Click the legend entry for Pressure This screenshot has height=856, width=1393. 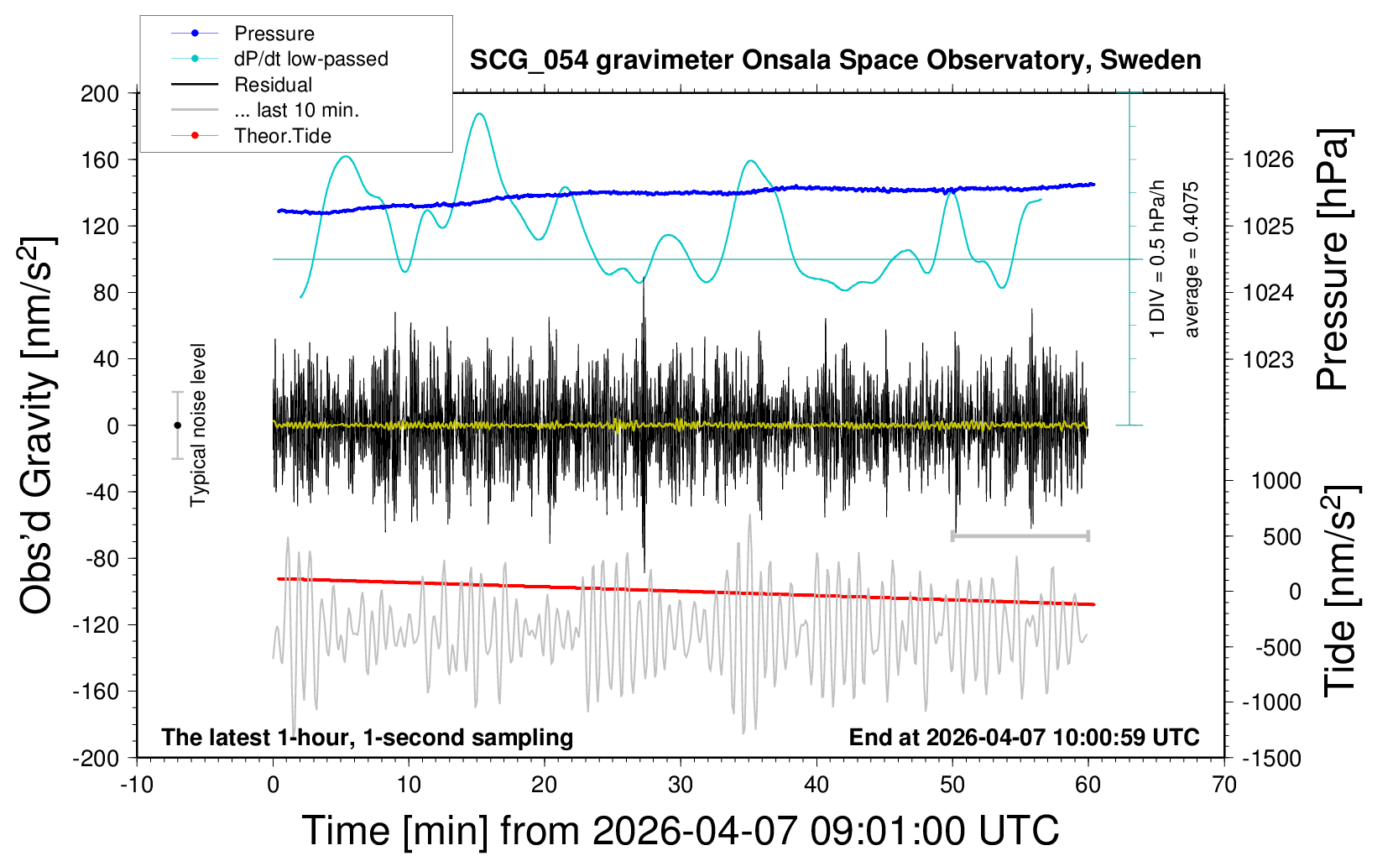[274, 34]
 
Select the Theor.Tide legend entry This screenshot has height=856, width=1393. [282, 136]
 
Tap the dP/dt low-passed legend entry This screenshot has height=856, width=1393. [310, 59]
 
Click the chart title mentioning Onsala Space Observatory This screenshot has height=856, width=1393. [835, 60]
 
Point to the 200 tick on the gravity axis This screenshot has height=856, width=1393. [100, 93]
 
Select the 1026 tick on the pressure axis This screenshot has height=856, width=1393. [1268, 159]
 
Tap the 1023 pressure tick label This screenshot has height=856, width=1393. [1268, 360]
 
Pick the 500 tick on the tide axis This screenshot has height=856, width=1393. [1281, 537]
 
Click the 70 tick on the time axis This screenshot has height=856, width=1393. [1224, 786]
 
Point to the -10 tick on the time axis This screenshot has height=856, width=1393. [137, 786]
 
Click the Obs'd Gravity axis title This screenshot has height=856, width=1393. [38, 425]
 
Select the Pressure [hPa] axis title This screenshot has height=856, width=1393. [1333, 260]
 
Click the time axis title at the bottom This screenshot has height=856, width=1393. [680, 831]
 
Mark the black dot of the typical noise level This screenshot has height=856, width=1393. [177, 425]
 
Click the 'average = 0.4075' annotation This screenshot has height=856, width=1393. [1192, 260]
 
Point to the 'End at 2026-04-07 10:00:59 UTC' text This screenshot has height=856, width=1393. [1024, 738]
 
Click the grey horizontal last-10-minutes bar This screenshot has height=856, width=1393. [1020, 535]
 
